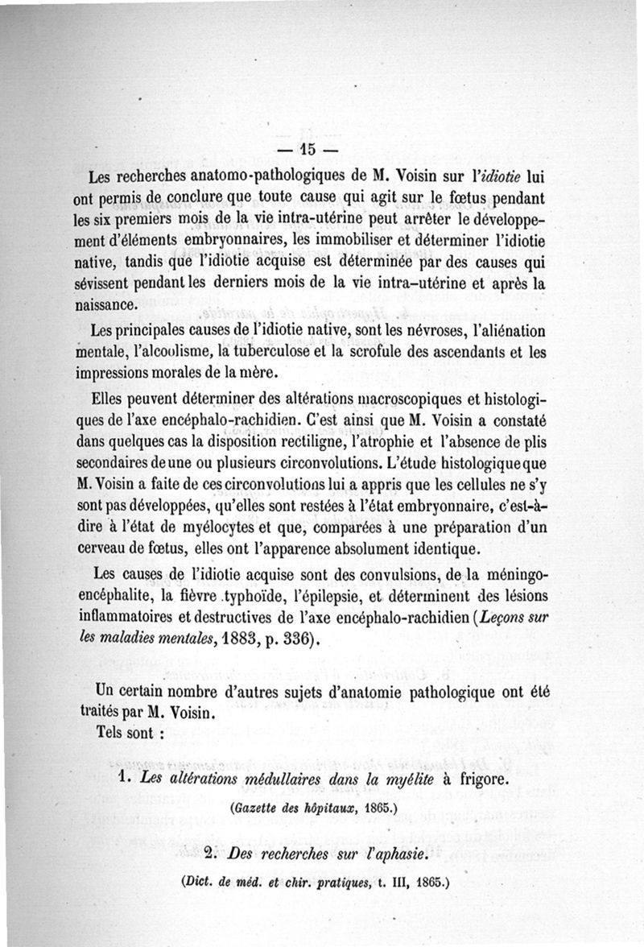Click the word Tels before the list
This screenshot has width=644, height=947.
(111, 734)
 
